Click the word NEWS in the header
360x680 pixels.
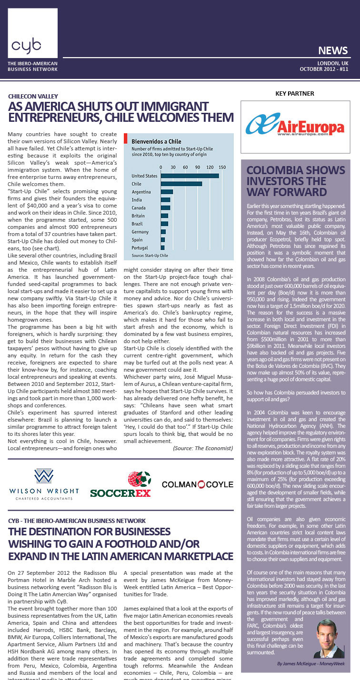(332, 50)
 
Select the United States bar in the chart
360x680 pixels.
(190, 176)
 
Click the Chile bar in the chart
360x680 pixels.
(181, 184)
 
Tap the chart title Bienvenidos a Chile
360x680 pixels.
(156, 142)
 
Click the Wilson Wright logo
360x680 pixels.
(43, 483)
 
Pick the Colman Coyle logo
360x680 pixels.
(197, 484)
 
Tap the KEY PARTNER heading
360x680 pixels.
(295, 94)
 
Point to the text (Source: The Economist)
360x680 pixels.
(203, 448)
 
